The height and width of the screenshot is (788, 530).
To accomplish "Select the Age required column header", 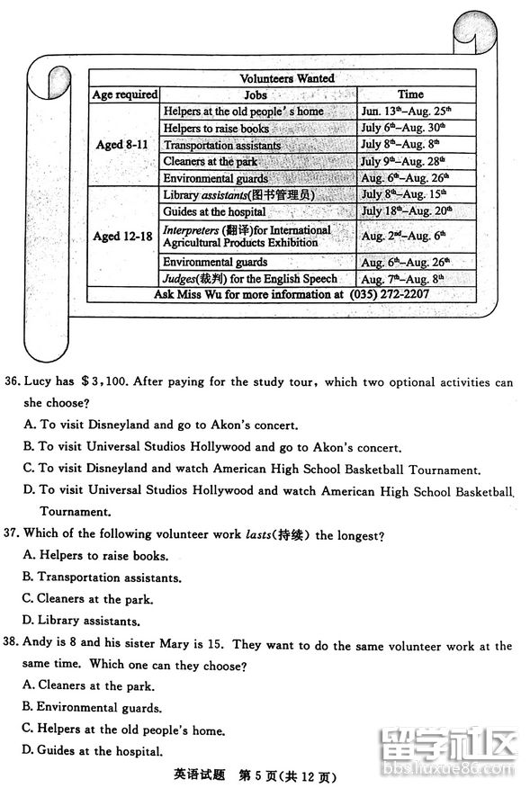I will [x=125, y=94].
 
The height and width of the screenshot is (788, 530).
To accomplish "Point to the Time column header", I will [x=410, y=94].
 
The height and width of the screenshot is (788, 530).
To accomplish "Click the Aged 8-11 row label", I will [x=123, y=145].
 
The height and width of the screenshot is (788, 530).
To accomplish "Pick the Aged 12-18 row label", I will [x=123, y=236].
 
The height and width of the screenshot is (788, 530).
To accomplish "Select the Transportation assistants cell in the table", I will [x=222, y=146].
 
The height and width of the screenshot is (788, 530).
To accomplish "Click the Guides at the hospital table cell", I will [x=214, y=211].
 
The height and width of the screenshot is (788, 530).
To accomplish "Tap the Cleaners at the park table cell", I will [x=211, y=162].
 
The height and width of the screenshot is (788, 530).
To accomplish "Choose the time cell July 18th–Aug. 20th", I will [x=406, y=210].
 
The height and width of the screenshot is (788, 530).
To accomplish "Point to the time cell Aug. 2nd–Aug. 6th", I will [x=404, y=235].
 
